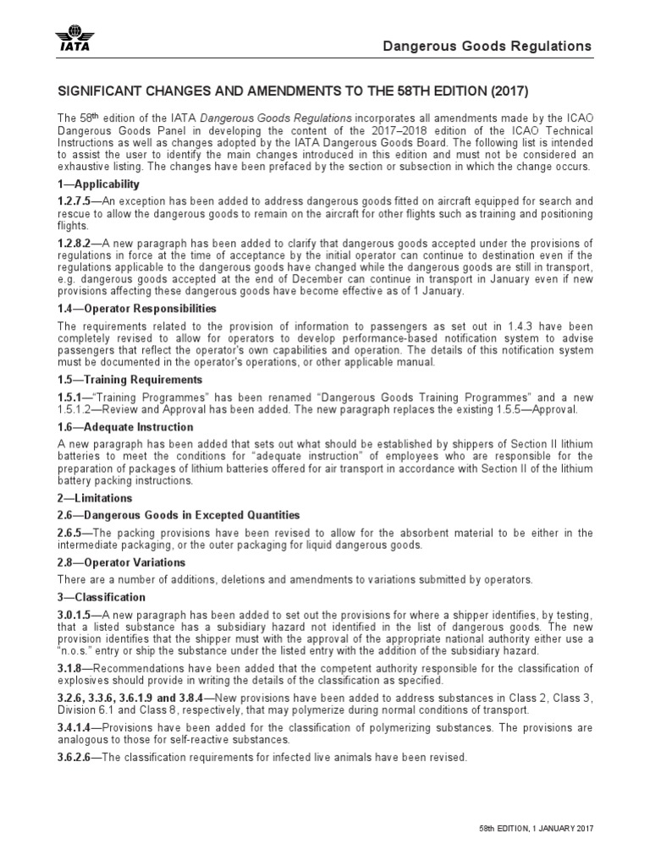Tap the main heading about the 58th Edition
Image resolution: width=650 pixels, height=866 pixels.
click(x=296, y=90)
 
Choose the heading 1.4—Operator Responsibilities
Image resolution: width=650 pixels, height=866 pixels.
click(x=136, y=308)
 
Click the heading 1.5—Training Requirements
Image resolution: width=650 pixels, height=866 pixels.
click(x=129, y=380)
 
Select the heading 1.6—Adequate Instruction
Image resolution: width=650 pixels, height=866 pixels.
click(x=125, y=427)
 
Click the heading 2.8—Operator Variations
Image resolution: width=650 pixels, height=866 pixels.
click(x=120, y=562)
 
